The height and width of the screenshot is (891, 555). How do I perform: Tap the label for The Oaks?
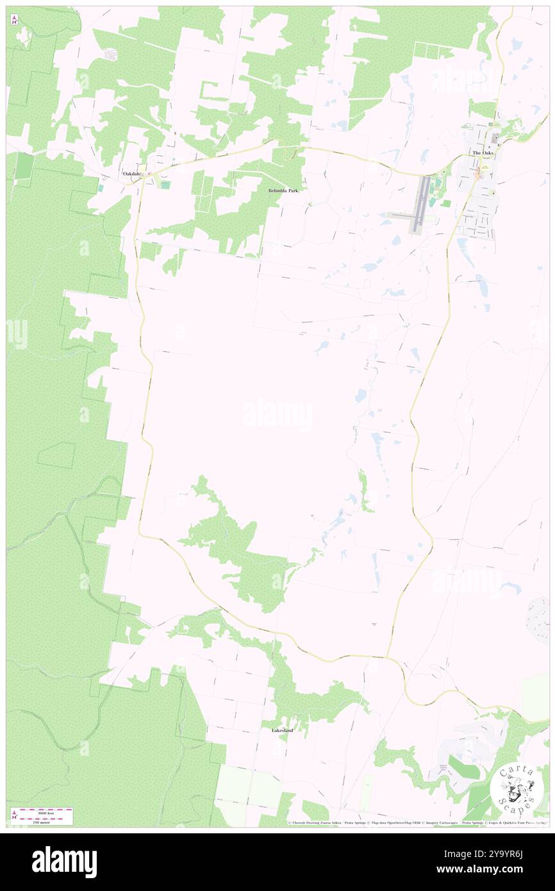pos(484,154)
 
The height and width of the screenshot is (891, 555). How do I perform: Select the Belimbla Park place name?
pos(283,191)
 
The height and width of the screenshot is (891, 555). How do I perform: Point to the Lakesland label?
pos(282,730)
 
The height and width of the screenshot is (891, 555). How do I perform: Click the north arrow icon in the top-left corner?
pos(15,21)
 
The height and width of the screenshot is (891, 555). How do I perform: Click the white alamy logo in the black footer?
pos(64,862)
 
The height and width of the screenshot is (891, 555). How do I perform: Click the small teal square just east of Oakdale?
pos(165,185)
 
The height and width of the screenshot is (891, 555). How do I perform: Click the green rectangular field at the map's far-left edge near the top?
pos(24,167)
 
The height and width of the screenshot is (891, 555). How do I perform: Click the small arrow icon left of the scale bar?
pos(13,815)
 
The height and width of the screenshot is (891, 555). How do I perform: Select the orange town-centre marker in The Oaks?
pos(477,173)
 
